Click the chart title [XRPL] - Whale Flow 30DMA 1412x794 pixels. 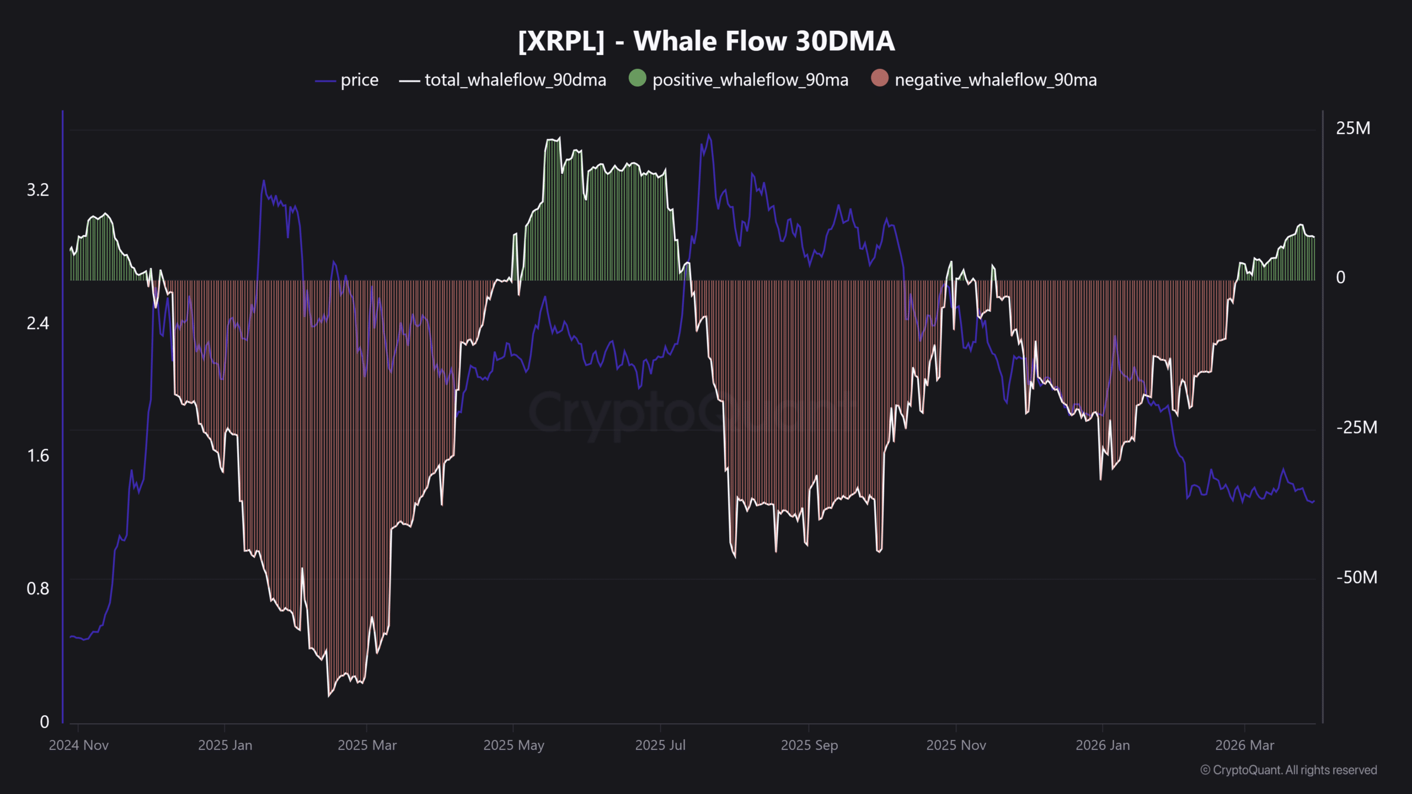pyautogui.click(x=706, y=41)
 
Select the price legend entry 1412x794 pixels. pyautogui.click(x=359, y=81)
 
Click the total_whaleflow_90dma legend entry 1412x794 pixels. pyautogui.click(x=515, y=81)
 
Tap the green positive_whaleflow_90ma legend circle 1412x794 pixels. pyautogui.click(x=637, y=78)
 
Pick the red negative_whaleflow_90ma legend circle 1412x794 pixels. pyautogui.click(x=879, y=78)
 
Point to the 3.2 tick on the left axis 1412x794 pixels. pyautogui.click(x=38, y=190)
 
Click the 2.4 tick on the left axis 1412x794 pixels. pyautogui.click(x=38, y=323)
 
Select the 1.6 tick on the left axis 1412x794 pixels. pyautogui.click(x=38, y=456)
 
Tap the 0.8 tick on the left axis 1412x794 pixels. pyautogui.click(x=38, y=589)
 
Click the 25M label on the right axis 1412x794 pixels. pyautogui.click(x=1352, y=128)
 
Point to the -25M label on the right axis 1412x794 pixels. pyautogui.click(x=1356, y=428)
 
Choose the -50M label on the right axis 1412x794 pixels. pyautogui.click(x=1356, y=577)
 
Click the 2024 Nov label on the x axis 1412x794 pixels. pyautogui.click(x=79, y=745)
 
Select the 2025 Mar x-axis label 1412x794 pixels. pyautogui.click(x=367, y=745)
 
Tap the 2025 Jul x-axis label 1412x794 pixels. pyautogui.click(x=660, y=745)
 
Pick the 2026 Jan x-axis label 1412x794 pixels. pyautogui.click(x=1103, y=745)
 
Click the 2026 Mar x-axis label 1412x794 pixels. pyautogui.click(x=1245, y=745)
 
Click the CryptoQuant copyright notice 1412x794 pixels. pyautogui.click(x=1288, y=770)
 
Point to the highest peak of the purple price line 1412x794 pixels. pyautogui.click(x=709, y=135)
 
